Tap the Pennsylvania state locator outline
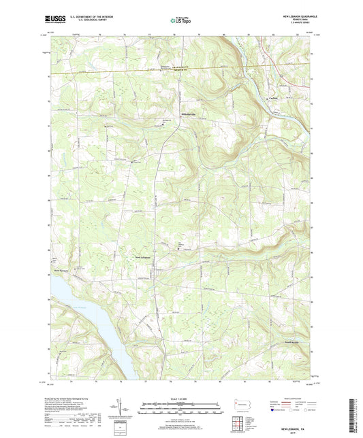tap(240, 403)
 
